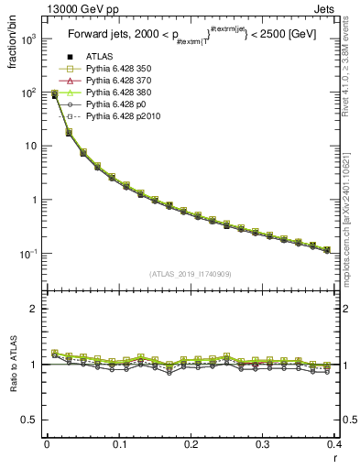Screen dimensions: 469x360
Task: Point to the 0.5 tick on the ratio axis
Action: (x=34, y=420)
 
